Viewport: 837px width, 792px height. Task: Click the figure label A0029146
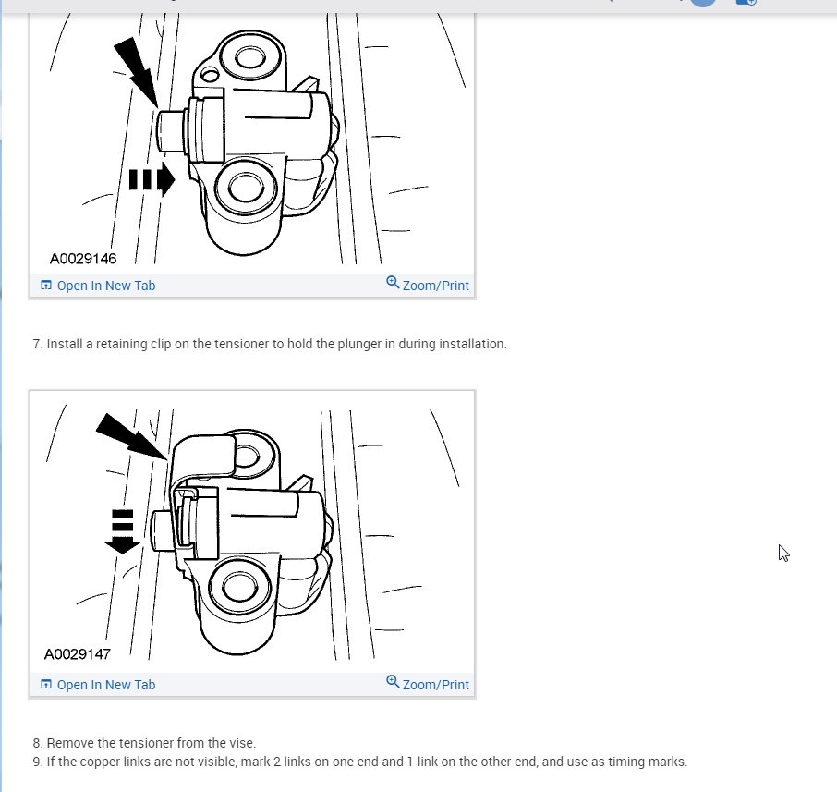pos(83,259)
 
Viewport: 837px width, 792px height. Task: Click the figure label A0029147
pos(78,654)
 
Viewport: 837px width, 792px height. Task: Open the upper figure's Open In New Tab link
pos(105,286)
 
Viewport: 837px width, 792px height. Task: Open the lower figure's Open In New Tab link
pos(105,685)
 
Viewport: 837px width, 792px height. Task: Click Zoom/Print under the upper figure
pos(435,286)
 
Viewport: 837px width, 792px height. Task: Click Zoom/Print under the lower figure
pos(435,685)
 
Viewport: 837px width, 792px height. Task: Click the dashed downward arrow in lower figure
pos(122,530)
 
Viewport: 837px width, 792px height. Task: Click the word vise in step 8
pos(241,743)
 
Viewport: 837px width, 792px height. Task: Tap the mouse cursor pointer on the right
pos(783,553)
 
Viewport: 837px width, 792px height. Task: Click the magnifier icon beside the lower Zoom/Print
pos(393,683)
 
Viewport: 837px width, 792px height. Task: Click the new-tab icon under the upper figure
pos(46,286)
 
